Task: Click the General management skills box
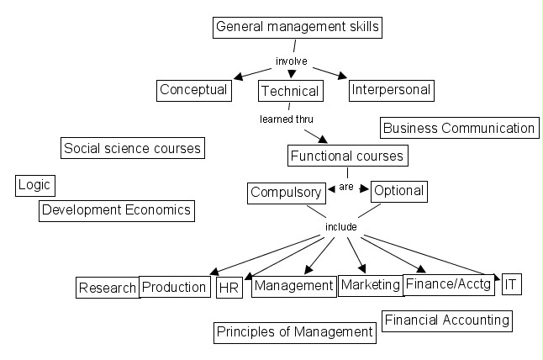(x=298, y=27)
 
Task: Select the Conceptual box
(x=193, y=89)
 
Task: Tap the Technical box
(x=289, y=91)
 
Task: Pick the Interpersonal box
(x=390, y=89)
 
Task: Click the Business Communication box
(x=458, y=128)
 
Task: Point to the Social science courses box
(x=133, y=149)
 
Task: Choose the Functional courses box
(x=347, y=156)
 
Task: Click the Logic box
(x=34, y=185)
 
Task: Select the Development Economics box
(x=117, y=209)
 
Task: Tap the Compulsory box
(x=286, y=193)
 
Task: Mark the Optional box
(x=398, y=191)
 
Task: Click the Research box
(x=108, y=288)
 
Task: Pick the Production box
(x=174, y=287)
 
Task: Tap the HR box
(x=229, y=288)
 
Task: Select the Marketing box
(x=371, y=284)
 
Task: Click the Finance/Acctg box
(x=448, y=284)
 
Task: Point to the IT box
(x=511, y=284)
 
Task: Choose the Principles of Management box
(x=294, y=331)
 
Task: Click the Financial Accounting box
(x=446, y=320)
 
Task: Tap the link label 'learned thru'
(x=286, y=119)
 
